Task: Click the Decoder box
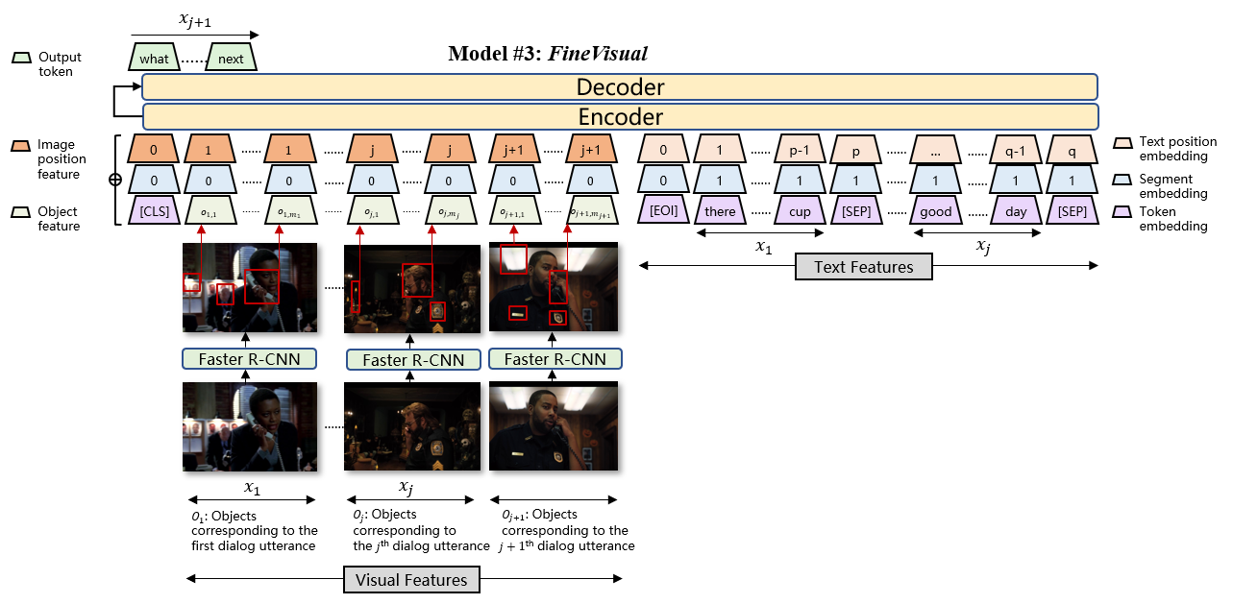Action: point(620,87)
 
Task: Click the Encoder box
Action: point(620,117)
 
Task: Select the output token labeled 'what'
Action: point(154,59)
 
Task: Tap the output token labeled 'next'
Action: point(231,59)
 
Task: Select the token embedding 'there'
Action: point(720,211)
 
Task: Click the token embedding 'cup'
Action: point(800,211)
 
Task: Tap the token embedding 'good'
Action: point(935,211)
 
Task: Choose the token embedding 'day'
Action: point(1017,211)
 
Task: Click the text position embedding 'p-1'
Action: point(800,151)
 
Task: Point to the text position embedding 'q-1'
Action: point(1017,151)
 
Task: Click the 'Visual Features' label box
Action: point(411,579)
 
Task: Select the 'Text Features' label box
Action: point(864,266)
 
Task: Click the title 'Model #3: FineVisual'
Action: point(554,53)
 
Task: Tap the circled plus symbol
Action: point(115,180)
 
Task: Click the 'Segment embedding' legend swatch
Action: point(1122,180)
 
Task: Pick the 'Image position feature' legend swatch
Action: point(19,145)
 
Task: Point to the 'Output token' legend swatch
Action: point(19,58)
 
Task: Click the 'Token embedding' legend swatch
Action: point(1122,212)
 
